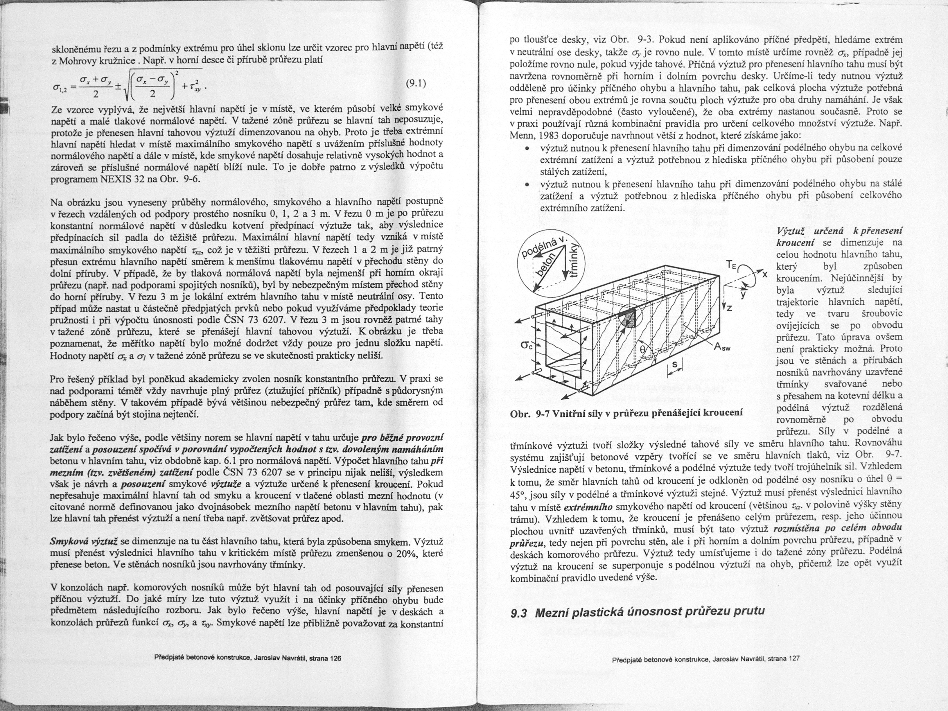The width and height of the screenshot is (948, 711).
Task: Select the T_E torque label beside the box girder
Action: pos(730,265)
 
